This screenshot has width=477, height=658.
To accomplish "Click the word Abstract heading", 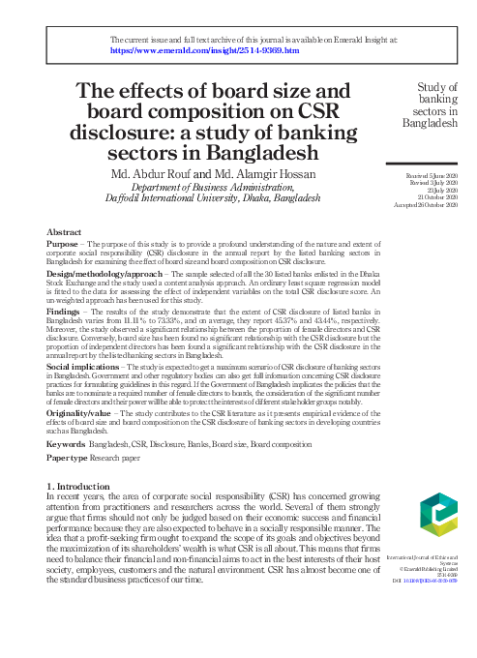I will (x=64, y=233).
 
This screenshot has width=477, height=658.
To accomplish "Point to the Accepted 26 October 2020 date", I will (x=424, y=204).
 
